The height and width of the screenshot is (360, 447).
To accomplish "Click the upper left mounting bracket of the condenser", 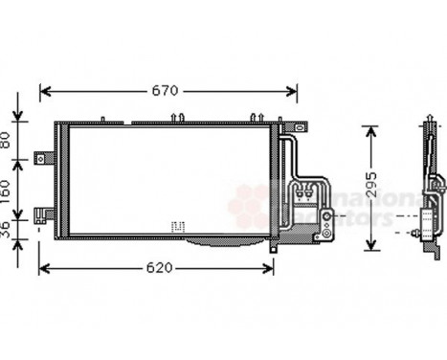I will (41, 156).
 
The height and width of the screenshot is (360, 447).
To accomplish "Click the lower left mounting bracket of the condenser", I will (41, 214).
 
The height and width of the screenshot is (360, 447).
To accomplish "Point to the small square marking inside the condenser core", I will (175, 227).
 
